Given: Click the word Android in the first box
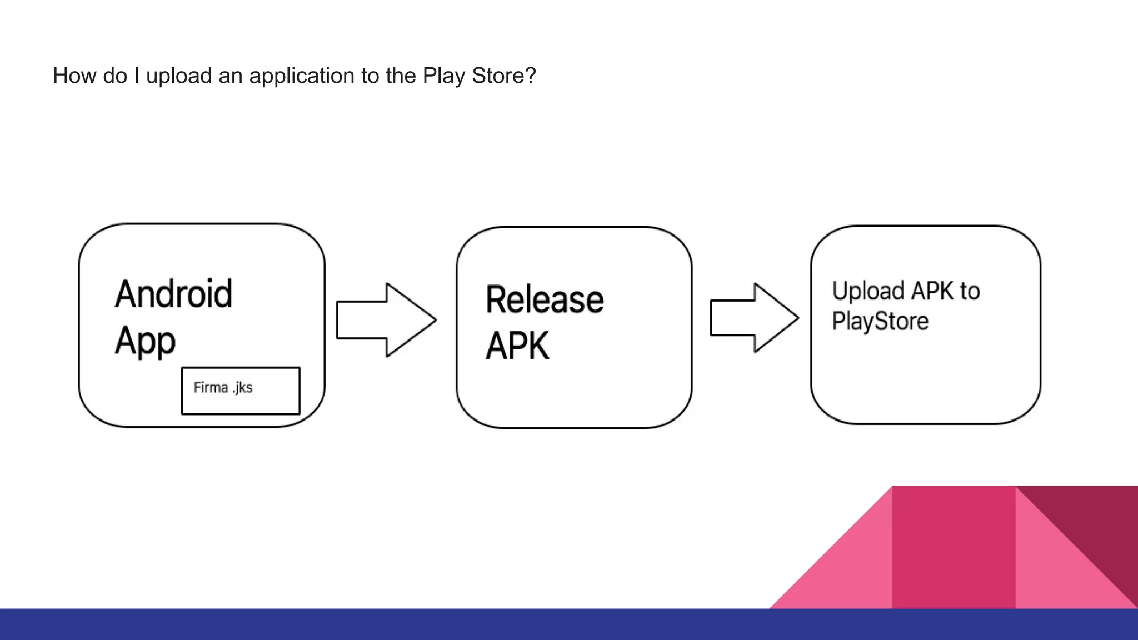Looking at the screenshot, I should pyautogui.click(x=173, y=294).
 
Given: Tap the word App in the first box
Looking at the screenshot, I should pyautogui.click(x=145, y=341).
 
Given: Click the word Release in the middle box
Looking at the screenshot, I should pyautogui.click(x=545, y=299).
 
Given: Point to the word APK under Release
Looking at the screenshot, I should pyautogui.click(x=517, y=346).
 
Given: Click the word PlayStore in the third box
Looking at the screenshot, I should pyautogui.click(x=880, y=321).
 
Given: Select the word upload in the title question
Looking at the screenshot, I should pyautogui.click(x=179, y=76).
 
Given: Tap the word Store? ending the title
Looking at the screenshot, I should pyautogui.click(x=503, y=76).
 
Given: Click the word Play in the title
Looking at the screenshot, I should pyautogui.click(x=444, y=76).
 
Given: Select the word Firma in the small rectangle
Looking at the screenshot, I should pyautogui.click(x=211, y=387).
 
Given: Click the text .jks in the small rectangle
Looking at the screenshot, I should pyautogui.click(x=242, y=387).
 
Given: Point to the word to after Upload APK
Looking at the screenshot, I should pyautogui.click(x=970, y=291).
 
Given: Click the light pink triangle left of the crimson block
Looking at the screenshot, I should pyautogui.click(x=850, y=572).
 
